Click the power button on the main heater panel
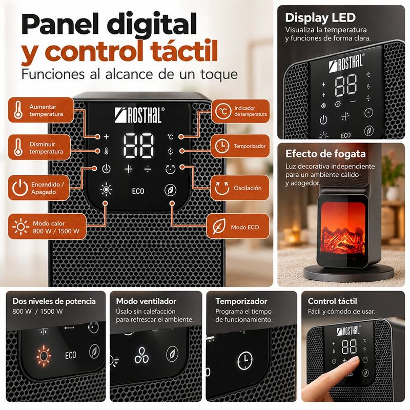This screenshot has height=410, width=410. pos(106,169)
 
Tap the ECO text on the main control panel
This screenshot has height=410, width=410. pos(138,191)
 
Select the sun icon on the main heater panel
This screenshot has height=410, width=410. pos(106,189)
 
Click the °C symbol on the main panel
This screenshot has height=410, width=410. pos(170,137)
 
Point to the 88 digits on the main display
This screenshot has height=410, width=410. pos(138,146)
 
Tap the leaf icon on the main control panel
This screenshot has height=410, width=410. pos(170,190)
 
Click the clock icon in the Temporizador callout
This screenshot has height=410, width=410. pos(222,146)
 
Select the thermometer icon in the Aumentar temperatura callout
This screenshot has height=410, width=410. pos(18,110)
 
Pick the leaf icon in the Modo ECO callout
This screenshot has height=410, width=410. pos(219,227)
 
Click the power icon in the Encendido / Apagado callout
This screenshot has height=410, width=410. pos(20,188)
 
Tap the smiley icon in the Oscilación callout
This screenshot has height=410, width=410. pos(222,188)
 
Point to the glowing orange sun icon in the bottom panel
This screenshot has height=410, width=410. pos(44,356)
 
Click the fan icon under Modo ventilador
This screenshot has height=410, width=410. pos(141,355)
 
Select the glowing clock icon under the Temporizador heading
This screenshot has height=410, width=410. pos(245,360)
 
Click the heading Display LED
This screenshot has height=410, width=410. pos(320,18)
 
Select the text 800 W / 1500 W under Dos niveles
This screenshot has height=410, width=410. pos(37,311)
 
